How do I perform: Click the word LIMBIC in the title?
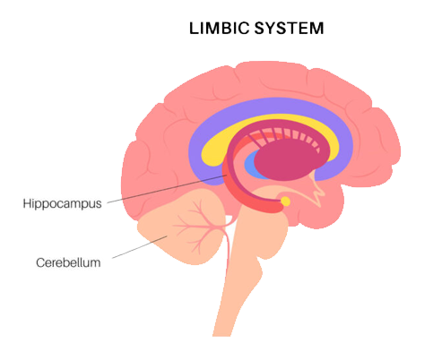(219, 29)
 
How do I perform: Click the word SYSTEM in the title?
(290, 29)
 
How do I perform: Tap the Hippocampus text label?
(62, 204)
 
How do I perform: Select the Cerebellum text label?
(68, 262)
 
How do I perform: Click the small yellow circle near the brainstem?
(285, 201)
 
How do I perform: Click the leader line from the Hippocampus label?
(168, 189)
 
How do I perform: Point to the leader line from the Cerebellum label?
(140, 247)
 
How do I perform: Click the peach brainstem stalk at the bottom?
(239, 284)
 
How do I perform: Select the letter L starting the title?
(194, 29)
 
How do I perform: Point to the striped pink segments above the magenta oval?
(287, 136)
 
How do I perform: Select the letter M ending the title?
(317, 29)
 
